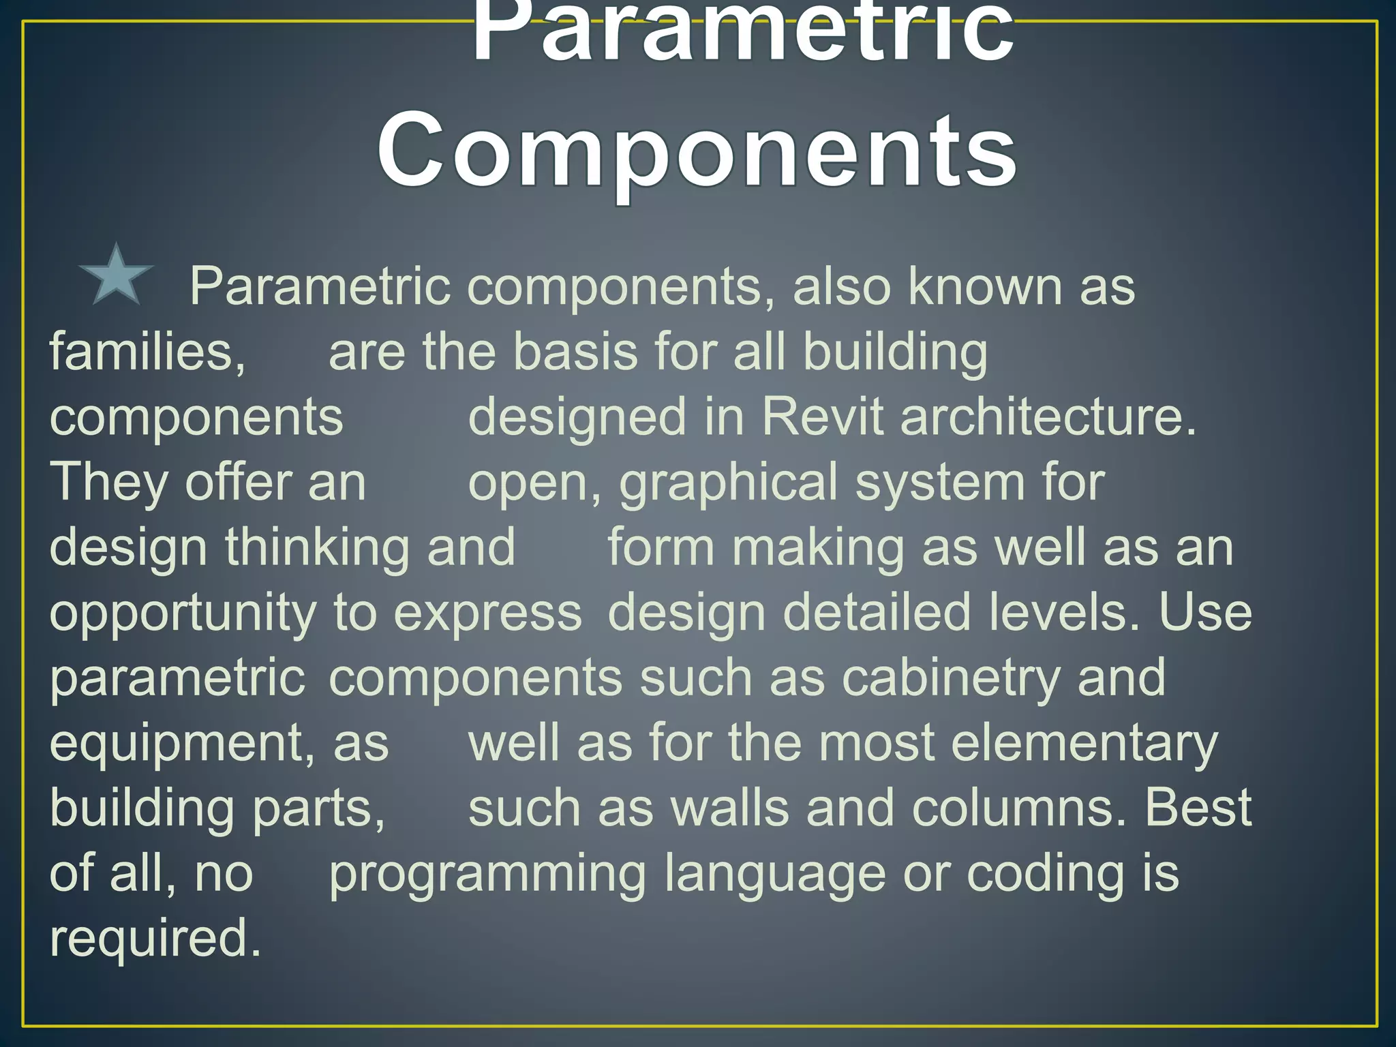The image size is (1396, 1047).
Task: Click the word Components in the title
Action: (x=697, y=151)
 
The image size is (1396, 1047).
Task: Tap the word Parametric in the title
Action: (x=742, y=34)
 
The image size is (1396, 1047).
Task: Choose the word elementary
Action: (x=1084, y=743)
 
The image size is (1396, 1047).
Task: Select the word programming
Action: (x=487, y=875)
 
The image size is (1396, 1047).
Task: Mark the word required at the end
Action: (x=155, y=939)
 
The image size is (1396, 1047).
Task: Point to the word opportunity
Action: (x=183, y=613)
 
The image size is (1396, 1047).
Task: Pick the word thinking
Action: (x=317, y=547)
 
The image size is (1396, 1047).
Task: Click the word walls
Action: (x=729, y=808)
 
